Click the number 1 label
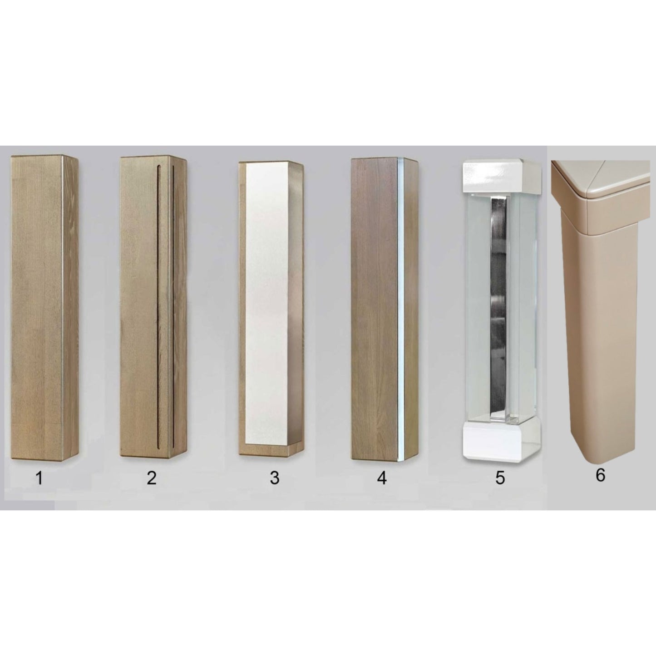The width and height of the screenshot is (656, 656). coord(39,478)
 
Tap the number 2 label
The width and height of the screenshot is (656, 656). coord(152,478)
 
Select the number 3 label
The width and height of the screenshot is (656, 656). coord(274,478)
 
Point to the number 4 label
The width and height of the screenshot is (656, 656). coord(382,478)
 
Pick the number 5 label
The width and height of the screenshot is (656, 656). coord(500,478)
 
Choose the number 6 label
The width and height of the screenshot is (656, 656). coord(601,475)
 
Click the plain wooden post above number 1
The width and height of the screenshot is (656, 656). coord(44,309)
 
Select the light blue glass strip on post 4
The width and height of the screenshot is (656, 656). coord(400,309)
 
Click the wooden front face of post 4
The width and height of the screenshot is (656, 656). coord(375,309)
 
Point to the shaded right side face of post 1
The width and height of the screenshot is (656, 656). coord(70,309)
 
